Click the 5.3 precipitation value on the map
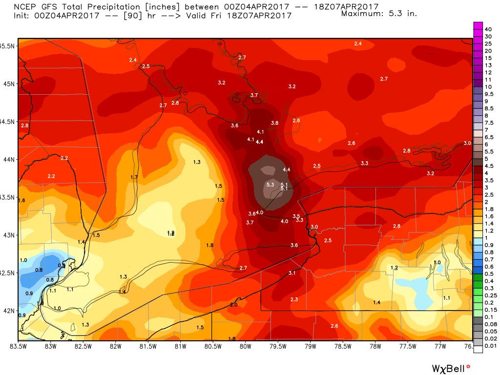[270, 185]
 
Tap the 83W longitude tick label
[50, 347]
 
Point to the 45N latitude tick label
[9, 83]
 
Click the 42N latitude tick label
[9, 311]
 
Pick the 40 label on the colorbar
[488, 29]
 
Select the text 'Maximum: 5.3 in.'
[379, 13]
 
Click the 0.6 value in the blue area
[61, 266]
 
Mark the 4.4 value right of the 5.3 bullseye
[287, 169]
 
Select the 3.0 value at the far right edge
[467, 143]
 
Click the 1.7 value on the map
[134, 177]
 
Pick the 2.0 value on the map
[233, 305]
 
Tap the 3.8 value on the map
[274, 123]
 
